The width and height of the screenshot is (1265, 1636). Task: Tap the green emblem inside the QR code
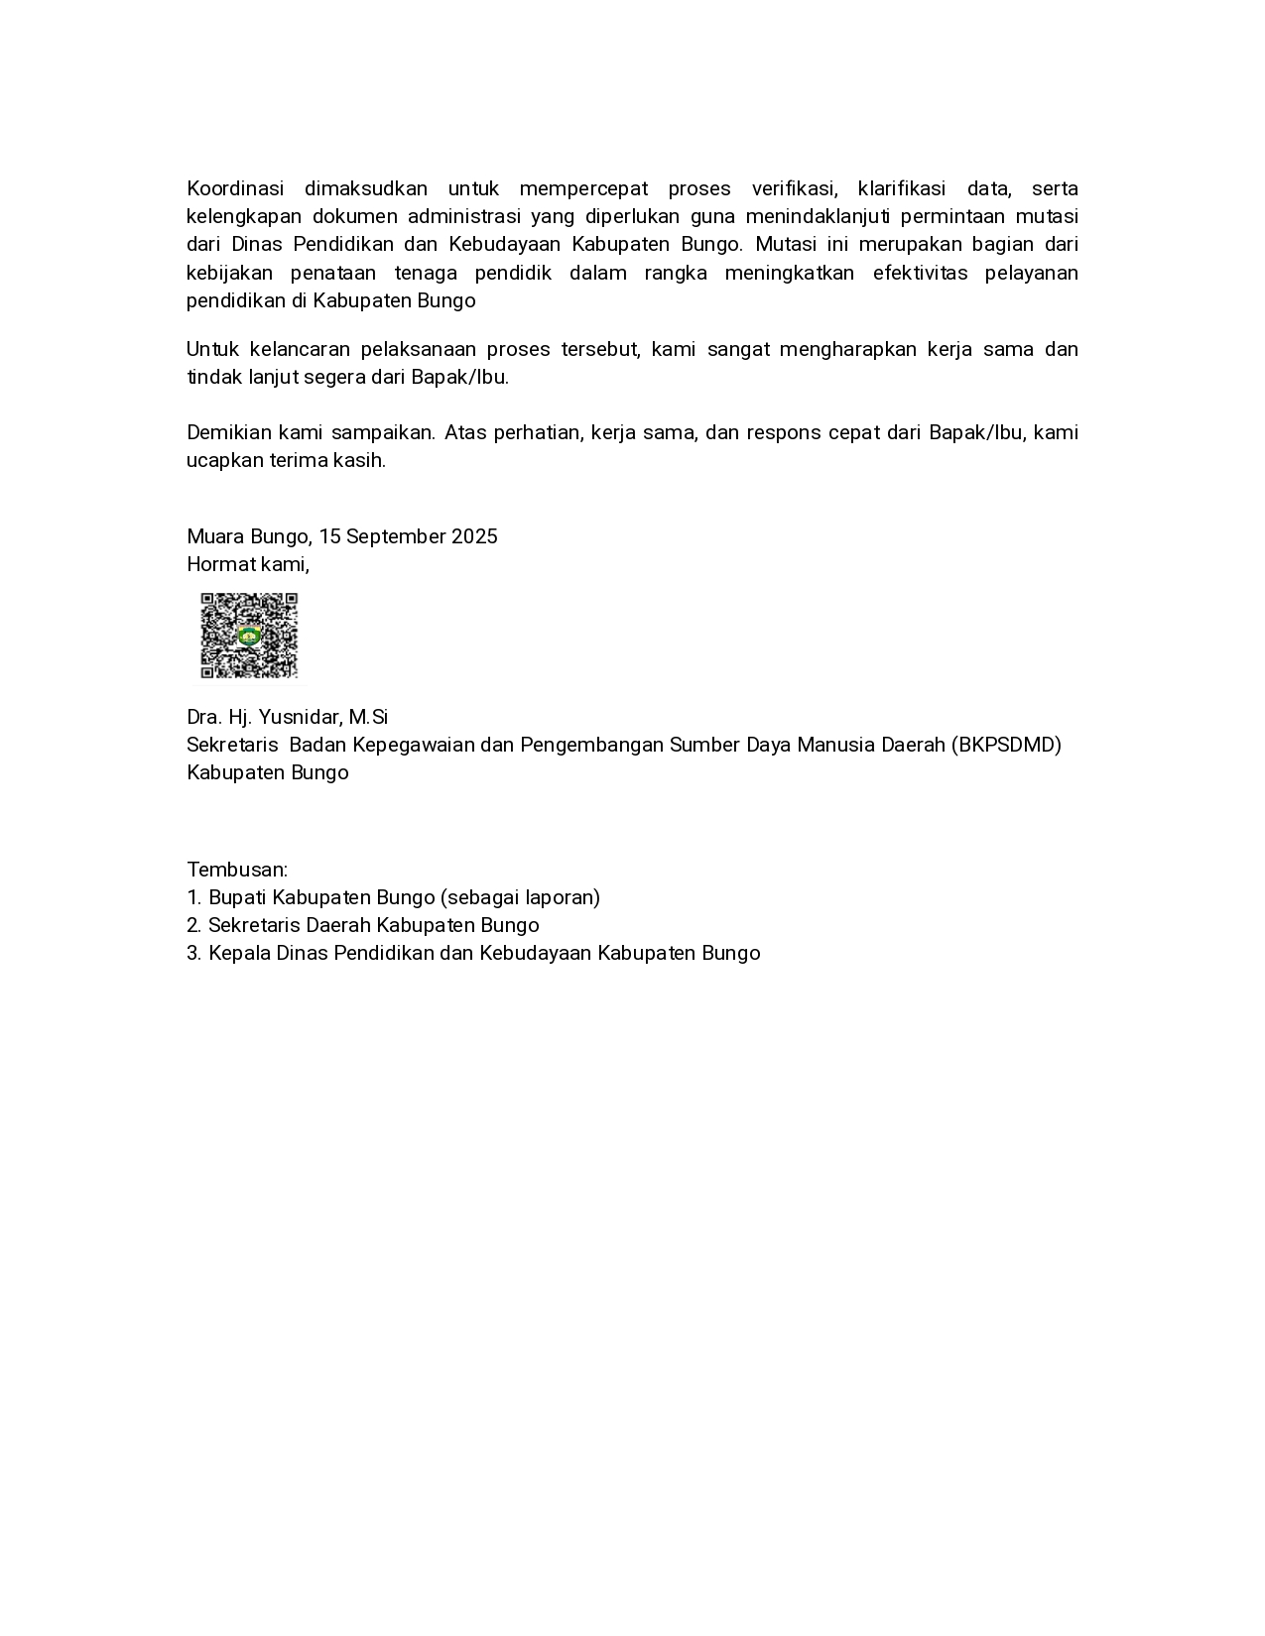[249, 637]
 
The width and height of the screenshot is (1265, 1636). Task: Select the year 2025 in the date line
[474, 536]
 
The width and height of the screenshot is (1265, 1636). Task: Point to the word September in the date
[396, 536]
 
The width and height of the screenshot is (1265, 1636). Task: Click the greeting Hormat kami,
[248, 564]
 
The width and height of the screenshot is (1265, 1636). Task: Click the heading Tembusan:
[237, 870]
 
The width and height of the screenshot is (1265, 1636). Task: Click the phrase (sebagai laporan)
[521, 897]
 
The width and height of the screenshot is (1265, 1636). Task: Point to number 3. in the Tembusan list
[194, 953]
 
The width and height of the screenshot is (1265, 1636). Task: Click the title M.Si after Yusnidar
[368, 717]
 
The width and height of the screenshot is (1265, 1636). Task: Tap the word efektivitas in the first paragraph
[920, 273]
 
